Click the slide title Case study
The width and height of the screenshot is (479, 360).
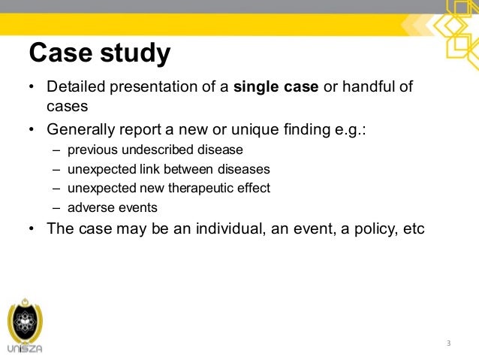click(x=99, y=54)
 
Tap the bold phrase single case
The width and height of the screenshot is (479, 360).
click(x=276, y=87)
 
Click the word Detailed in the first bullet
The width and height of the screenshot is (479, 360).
click(x=76, y=87)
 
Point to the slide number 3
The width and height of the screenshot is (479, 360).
click(x=448, y=343)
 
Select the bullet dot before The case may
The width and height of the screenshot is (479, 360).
click(x=32, y=229)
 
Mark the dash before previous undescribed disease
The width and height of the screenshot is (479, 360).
click(x=58, y=150)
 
